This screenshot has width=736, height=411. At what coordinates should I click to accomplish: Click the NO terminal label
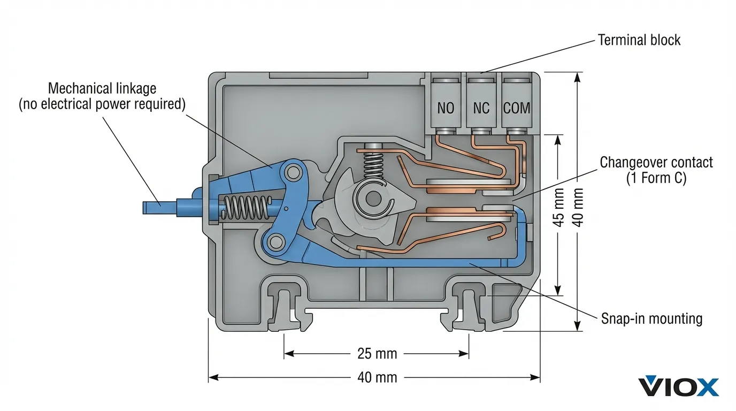pyautogui.click(x=446, y=109)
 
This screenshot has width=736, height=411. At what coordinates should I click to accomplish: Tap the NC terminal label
pyautogui.click(x=481, y=109)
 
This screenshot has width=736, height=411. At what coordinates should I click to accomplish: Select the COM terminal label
pyautogui.click(x=517, y=109)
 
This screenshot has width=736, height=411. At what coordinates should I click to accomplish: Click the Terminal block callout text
pyautogui.click(x=639, y=40)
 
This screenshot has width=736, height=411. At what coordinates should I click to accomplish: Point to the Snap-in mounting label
pyautogui.click(x=651, y=319)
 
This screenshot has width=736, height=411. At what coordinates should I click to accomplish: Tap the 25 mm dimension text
pyautogui.click(x=377, y=354)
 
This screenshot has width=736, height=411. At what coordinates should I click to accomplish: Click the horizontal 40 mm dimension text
pyautogui.click(x=377, y=377)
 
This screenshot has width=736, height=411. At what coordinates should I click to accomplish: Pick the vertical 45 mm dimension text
pyautogui.click(x=558, y=214)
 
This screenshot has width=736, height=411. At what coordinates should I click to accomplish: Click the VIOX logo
pyautogui.click(x=678, y=386)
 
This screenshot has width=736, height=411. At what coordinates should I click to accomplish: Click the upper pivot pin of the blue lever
pyautogui.click(x=292, y=172)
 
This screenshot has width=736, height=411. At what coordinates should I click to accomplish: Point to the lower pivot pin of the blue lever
pyautogui.click(x=276, y=243)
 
